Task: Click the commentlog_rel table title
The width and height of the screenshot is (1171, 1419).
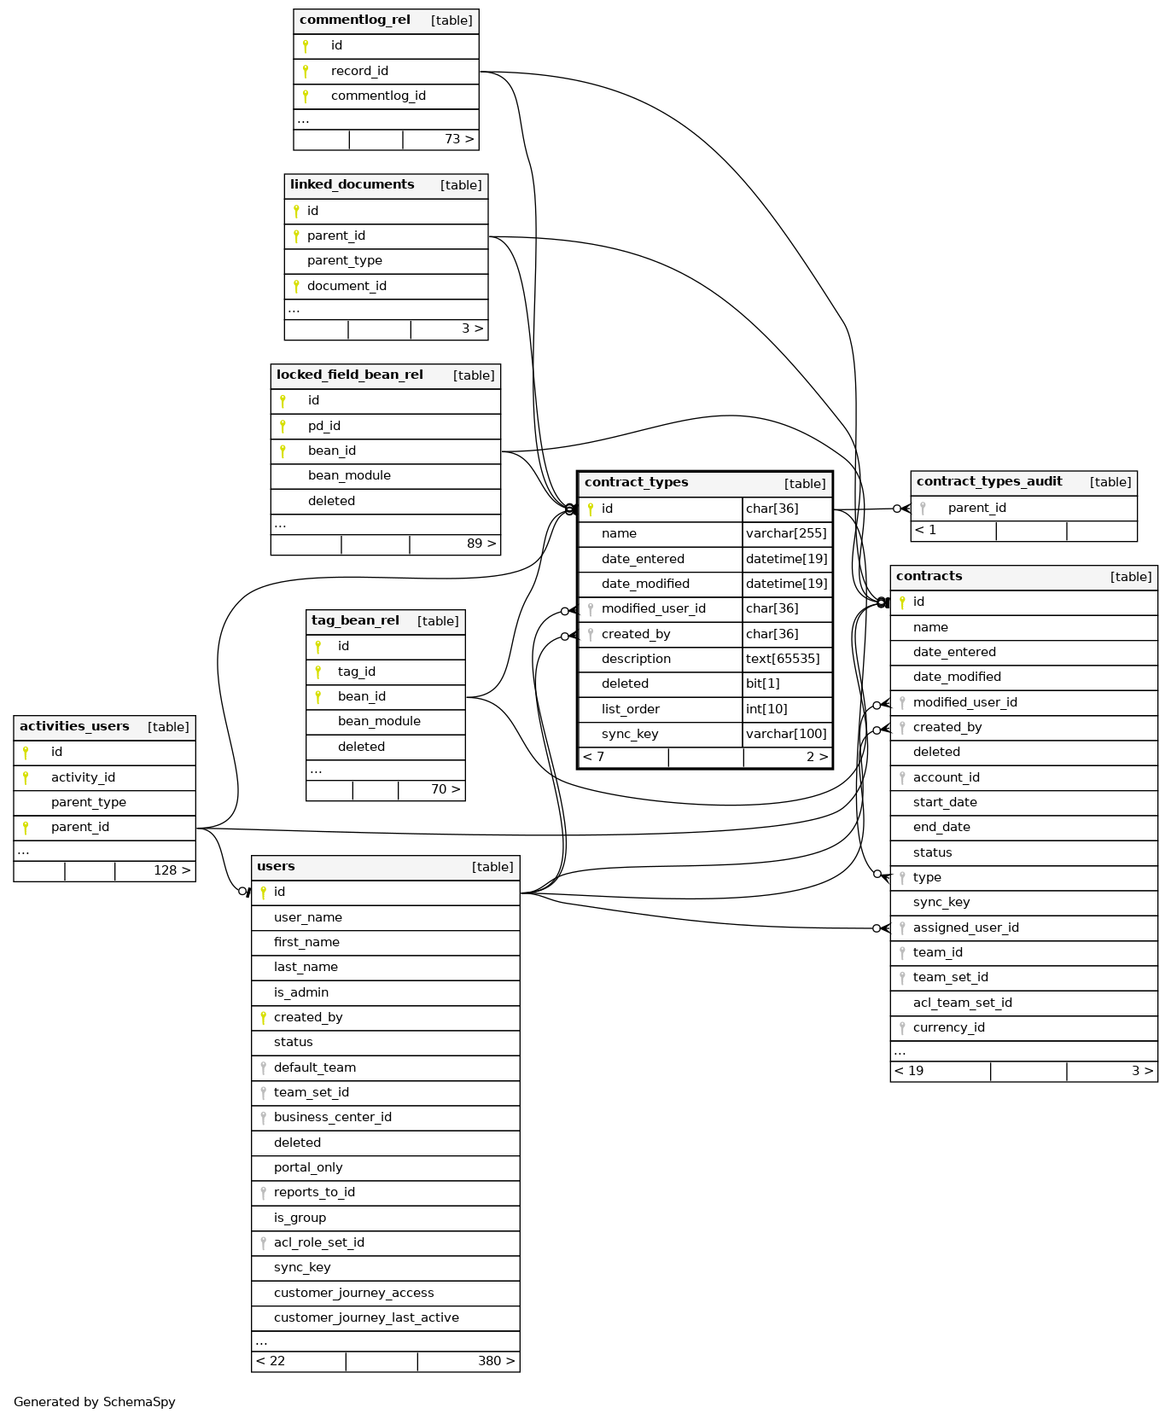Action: click(355, 20)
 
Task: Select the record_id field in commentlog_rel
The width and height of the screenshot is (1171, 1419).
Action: click(359, 71)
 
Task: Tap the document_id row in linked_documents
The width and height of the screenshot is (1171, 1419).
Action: click(347, 286)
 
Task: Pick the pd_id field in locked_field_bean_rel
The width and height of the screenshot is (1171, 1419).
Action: click(324, 426)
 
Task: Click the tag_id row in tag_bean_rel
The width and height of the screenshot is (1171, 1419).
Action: click(356, 672)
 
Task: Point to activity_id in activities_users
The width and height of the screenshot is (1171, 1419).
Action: click(83, 777)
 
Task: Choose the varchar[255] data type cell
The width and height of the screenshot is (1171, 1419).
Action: click(786, 533)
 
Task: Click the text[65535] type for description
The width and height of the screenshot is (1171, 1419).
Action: click(783, 659)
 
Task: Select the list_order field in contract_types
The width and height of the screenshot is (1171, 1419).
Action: click(630, 709)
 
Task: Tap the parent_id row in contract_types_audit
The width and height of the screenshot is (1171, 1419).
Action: click(976, 508)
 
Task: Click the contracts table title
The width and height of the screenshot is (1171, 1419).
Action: click(929, 577)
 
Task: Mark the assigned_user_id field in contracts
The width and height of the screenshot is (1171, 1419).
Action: click(965, 928)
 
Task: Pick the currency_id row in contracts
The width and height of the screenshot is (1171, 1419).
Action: click(948, 1027)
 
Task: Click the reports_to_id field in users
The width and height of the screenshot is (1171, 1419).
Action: click(314, 1192)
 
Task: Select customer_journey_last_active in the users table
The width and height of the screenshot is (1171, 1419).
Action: click(366, 1317)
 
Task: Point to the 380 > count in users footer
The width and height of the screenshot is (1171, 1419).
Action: click(496, 1361)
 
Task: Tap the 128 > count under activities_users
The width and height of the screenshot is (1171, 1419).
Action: click(172, 870)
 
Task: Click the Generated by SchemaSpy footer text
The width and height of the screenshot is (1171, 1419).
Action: click(95, 1402)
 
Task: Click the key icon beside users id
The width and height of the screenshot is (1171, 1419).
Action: click(263, 893)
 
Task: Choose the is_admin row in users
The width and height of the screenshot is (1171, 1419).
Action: click(301, 992)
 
